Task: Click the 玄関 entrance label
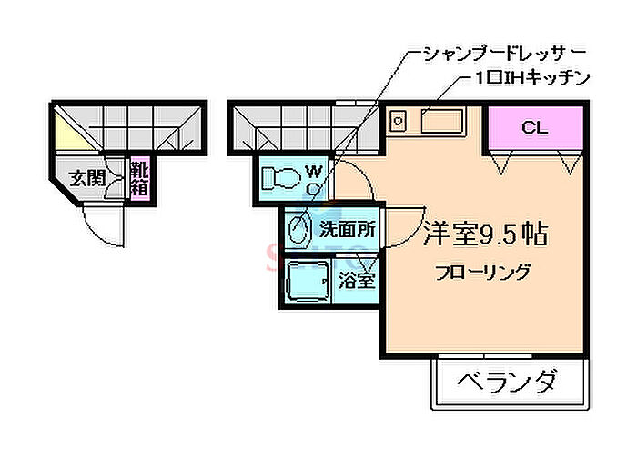87,178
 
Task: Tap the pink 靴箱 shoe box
140,179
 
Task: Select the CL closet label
535,128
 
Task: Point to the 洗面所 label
348,229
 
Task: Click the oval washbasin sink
298,229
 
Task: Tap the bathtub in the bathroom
308,281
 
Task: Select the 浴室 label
357,280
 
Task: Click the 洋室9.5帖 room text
485,234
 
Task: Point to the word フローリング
482,273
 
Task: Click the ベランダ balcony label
506,382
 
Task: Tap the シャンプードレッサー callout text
504,54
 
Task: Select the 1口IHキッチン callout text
531,78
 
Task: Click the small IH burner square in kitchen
399,121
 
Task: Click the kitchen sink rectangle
442,121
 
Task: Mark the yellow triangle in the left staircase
69,132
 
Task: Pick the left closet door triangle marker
500,162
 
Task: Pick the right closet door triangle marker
570,162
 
